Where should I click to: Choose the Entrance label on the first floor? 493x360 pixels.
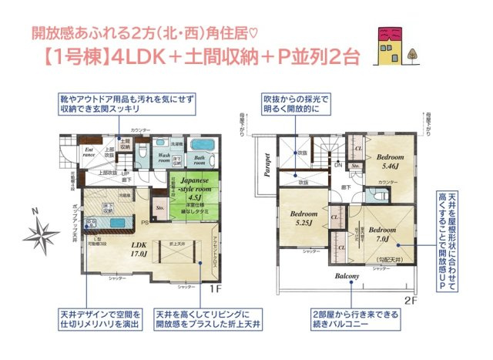89,153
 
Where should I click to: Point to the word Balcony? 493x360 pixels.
347,275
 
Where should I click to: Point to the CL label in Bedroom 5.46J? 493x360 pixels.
358,147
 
